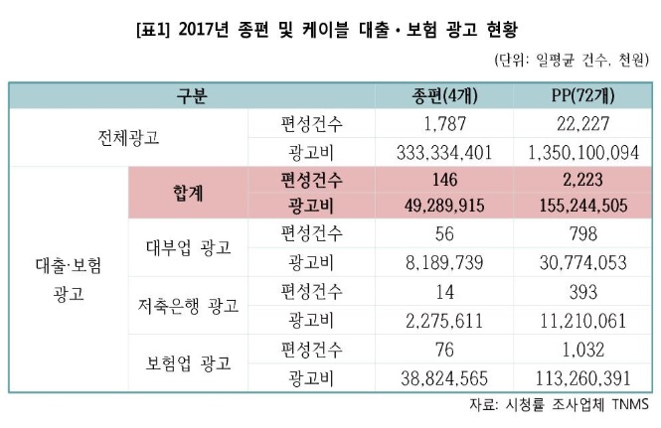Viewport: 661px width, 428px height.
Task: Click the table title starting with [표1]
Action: [331, 21]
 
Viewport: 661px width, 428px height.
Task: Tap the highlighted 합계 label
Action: [188, 193]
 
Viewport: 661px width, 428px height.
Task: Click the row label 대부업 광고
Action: [188, 247]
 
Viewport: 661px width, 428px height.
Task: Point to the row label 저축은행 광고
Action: [188, 304]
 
